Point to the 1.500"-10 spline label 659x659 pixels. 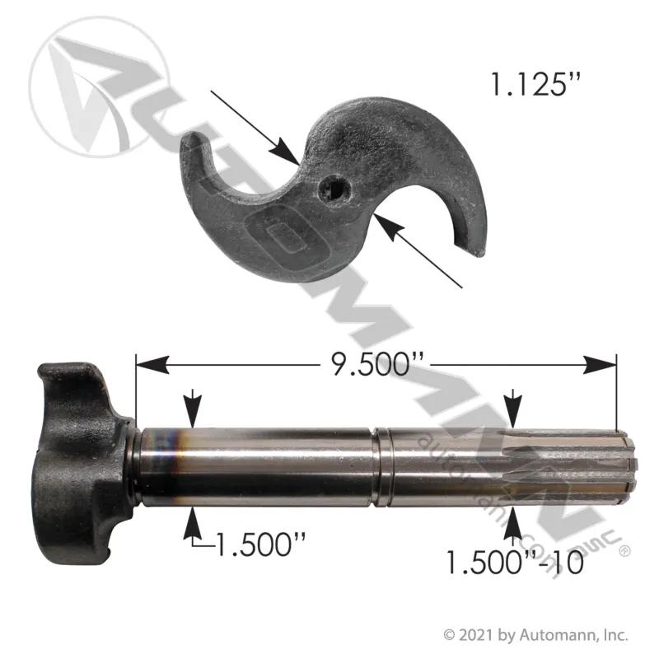514,563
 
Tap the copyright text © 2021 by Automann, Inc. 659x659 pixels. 536,635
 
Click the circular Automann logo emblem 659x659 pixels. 99,87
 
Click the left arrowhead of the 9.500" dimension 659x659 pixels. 152,364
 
